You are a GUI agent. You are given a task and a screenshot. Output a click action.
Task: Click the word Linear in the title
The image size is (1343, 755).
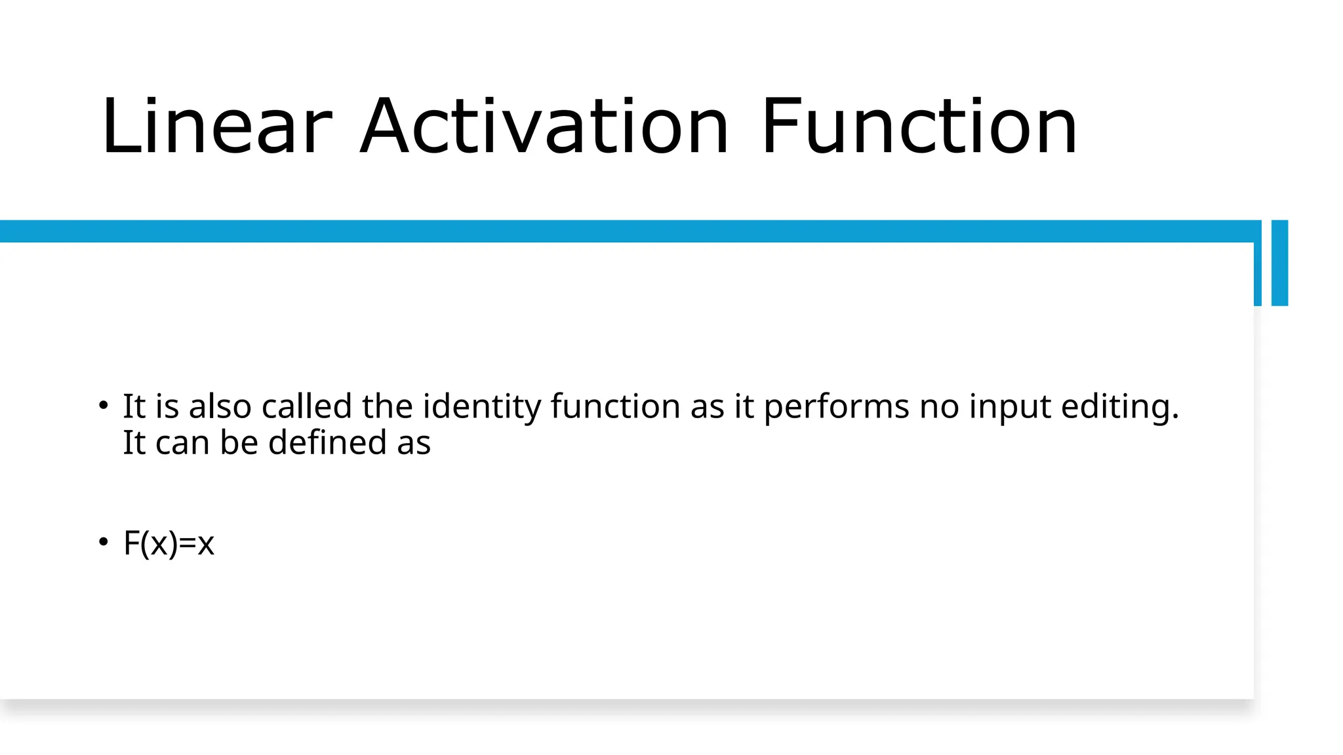[217, 126]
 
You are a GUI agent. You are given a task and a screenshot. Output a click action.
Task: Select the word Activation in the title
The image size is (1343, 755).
[544, 126]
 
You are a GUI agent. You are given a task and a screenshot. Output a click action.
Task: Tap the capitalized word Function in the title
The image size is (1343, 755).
[919, 126]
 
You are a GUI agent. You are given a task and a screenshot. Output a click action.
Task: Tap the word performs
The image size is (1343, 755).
[836, 408]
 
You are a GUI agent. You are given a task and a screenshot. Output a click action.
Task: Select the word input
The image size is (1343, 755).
[1010, 408]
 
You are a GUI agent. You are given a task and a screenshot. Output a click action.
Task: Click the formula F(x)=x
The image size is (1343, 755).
[169, 543]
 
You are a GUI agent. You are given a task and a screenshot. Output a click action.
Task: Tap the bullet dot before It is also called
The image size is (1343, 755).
[103, 406]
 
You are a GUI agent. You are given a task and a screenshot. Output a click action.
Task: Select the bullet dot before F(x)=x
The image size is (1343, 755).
[103, 542]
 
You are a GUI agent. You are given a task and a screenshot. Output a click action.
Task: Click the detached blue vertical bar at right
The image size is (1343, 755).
[1279, 263]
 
